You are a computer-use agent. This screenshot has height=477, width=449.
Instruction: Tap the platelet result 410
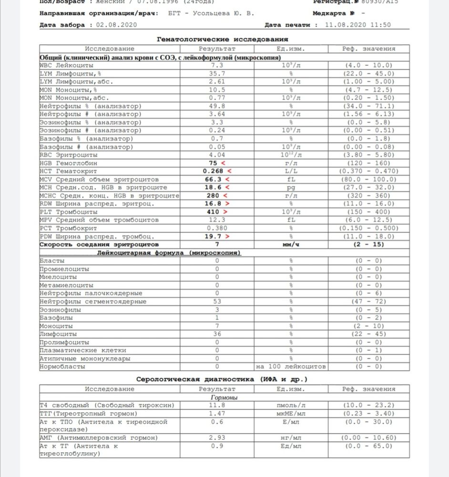(x=214, y=211)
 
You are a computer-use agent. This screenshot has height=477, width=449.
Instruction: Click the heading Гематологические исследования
(x=222, y=39)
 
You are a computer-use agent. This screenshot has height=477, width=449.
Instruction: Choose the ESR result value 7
(x=217, y=244)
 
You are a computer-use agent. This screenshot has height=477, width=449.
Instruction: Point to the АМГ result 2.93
(x=217, y=437)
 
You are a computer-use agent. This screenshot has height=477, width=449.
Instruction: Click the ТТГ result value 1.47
(x=217, y=413)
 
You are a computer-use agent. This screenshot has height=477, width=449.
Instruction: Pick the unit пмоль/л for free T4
(x=290, y=405)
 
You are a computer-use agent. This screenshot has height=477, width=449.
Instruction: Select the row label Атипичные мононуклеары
(x=85, y=358)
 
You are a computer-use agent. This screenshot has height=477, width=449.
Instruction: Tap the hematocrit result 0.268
(x=213, y=171)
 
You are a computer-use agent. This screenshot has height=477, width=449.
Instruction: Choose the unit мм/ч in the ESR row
(x=290, y=244)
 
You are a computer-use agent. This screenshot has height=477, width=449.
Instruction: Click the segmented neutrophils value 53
(x=217, y=301)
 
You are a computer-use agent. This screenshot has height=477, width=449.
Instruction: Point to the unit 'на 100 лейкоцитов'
(x=290, y=366)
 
